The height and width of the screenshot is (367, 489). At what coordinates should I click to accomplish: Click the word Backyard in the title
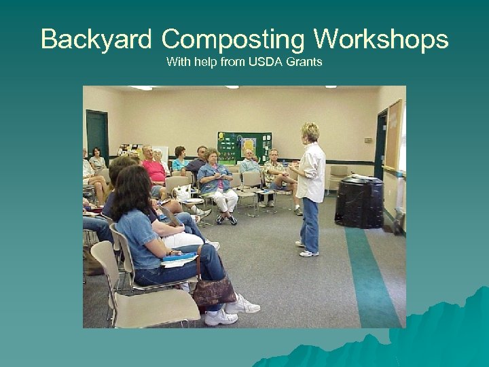click(96, 39)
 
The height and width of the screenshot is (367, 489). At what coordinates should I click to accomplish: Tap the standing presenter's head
click(310, 132)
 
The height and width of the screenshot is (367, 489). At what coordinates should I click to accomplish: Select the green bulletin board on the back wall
click(244, 147)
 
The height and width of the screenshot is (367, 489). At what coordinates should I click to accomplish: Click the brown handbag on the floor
click(213, 292)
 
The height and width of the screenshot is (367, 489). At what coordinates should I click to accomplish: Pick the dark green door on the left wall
click(96, 135)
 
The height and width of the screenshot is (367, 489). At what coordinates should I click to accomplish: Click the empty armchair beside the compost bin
click(338, 176)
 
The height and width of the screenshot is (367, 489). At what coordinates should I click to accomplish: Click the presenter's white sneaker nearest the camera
click(309, 254)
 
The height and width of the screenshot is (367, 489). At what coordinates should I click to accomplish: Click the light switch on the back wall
click(367, 140)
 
